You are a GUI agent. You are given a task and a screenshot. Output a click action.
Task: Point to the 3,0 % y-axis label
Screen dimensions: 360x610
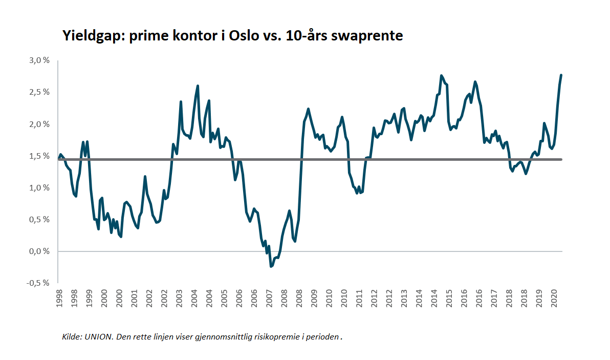(x=39, y=60)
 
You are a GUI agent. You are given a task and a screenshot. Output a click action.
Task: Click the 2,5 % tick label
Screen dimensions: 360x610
(x=39, y=92)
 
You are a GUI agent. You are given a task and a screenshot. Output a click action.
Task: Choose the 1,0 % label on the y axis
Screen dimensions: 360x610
(x=39, y=188)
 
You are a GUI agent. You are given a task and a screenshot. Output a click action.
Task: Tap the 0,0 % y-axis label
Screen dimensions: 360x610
(x=39, y=251)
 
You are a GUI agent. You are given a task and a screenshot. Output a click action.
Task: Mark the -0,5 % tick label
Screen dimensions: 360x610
(x=38, y=283)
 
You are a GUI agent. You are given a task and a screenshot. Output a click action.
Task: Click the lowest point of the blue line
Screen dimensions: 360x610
(x=271, y=266)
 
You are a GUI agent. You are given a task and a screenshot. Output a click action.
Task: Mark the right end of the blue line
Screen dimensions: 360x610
(x=561, y=75)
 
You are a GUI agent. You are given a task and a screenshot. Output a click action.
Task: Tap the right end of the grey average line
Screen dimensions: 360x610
(x=561, y=159)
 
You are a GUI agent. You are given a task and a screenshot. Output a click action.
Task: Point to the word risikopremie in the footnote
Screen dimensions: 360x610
(x=281, y=337)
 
